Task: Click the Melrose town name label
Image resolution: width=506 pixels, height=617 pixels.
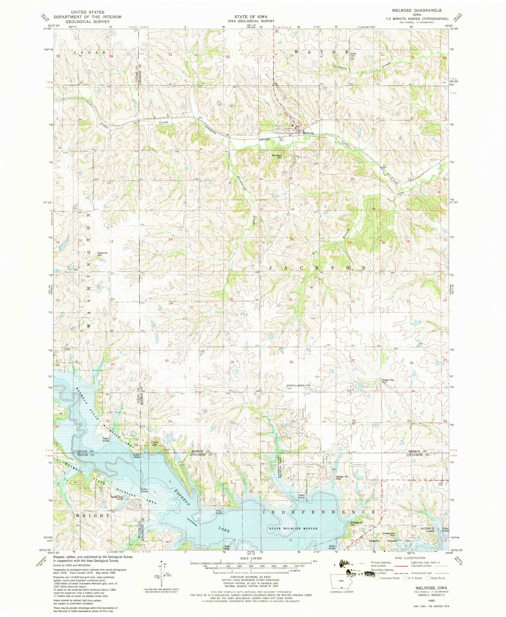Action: click(308, 133)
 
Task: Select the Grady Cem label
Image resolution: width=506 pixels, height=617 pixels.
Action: click(354, 55)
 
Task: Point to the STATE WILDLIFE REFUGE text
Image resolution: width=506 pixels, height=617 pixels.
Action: click(293, 528)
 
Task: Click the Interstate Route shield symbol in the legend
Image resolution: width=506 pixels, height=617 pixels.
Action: click(377, 578)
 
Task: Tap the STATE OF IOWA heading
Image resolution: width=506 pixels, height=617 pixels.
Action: click(251, 16)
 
